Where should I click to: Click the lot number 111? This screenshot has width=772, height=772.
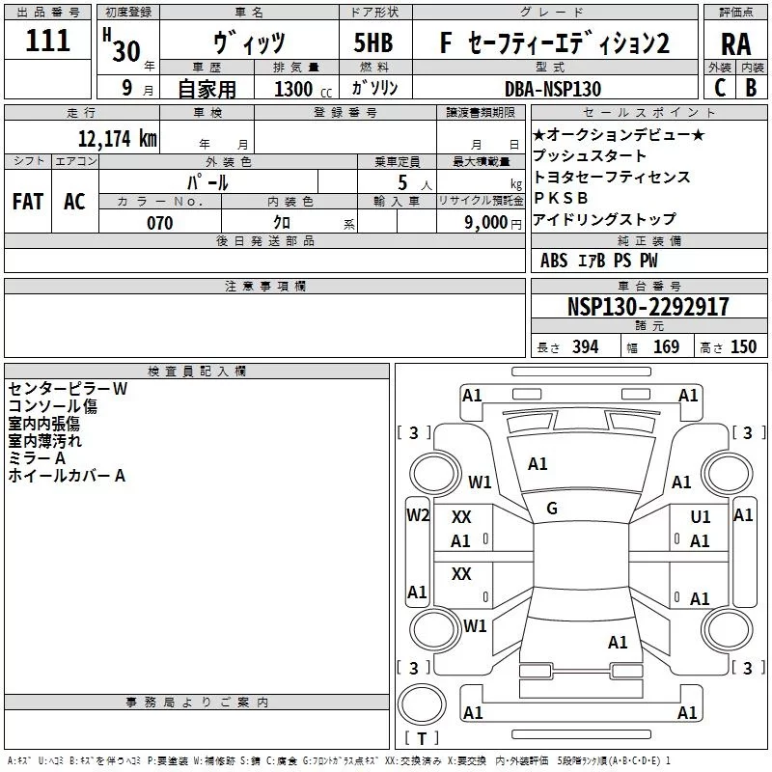[x=47, y=41]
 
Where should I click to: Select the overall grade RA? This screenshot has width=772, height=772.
[x=735, y=44]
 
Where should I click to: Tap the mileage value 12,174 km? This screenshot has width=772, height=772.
[x=117, y=139]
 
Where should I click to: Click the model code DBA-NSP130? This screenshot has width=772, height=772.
[x=553, y=89]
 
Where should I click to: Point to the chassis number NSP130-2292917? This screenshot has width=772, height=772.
[x=648, y=307]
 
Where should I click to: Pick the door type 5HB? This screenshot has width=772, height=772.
[x=373, y=42]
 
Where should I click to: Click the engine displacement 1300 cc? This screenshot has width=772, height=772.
[x=303, y=89]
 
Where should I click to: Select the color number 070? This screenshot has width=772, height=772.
[x=160, y=223]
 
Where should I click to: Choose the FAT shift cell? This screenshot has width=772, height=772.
[x=28, y=202]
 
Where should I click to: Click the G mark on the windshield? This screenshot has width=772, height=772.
[x=552, y=509]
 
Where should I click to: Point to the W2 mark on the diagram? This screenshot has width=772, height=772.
[x=418, y=515]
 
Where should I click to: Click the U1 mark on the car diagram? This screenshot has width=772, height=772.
[x=701, y=516]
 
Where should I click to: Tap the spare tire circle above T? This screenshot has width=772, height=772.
[x=422, y=704]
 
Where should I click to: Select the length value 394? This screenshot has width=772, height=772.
[x=585, y=346]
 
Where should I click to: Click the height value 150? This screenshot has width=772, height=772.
[x=743, y=346]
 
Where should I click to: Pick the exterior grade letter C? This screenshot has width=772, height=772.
[x=720, y=88]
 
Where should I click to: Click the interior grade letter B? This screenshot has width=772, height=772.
[x=751, y=88]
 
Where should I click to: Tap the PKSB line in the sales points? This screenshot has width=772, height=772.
[x=561, y=198]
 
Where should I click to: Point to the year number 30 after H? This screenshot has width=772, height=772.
[x=126, y=51]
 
